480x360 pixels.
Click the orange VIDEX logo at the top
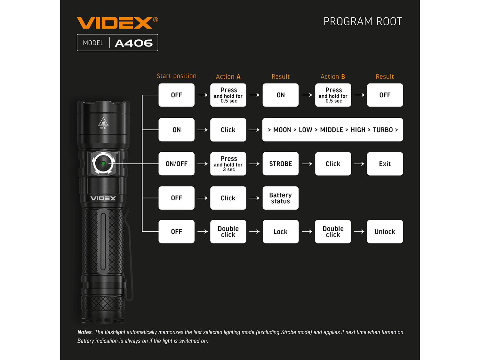tap(117, 23)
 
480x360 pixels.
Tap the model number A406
tap(134, 43)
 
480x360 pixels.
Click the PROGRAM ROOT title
tap(363, 21)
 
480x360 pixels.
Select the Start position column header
tap(176, 76)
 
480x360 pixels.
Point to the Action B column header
tap(332, 76)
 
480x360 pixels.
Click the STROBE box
tap(281, 164)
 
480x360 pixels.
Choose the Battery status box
tap(281, 198)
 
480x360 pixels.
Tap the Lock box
tap(281, 232)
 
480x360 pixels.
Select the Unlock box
tap(385, 232)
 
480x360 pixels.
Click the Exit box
tap(385, 164)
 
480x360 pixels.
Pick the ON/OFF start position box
tap(176, 164)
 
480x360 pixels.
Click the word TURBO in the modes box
tap(383, 130)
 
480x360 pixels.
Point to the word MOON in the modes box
tap(282, 130)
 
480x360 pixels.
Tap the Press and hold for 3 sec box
tap(228, 164)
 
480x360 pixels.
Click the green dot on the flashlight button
tap(103, 163)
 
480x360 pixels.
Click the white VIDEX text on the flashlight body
tap(103, 198)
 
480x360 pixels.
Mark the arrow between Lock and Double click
tap(307, 232)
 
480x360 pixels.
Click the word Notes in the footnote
tap(84, 332)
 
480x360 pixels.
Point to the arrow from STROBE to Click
tap(307, 164)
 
